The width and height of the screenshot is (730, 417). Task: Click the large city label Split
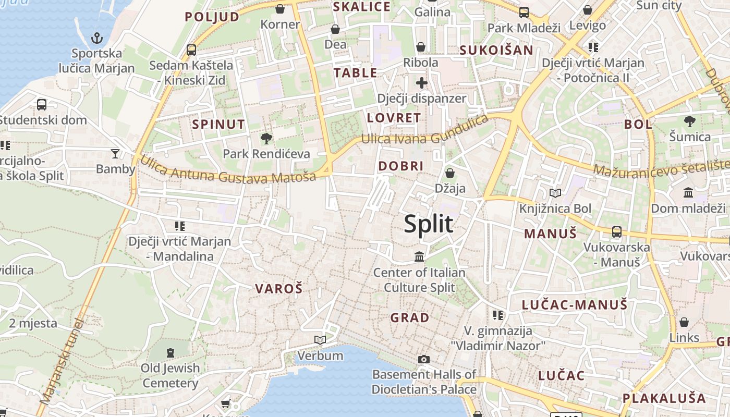(429, 224)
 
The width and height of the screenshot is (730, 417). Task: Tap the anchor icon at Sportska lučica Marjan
(97, 38)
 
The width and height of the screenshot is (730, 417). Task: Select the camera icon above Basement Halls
(424, 359)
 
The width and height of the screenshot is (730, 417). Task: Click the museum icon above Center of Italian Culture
(419, 256)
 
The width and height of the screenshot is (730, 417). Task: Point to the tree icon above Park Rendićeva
(266, 138)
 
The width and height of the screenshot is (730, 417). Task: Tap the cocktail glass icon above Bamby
(115, 153)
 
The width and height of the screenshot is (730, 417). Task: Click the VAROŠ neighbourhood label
(278, 289)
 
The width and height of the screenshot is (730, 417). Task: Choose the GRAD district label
(410, 317)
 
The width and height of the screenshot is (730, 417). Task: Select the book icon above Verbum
(320, 340)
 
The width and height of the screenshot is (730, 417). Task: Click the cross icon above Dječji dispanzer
(421, 83)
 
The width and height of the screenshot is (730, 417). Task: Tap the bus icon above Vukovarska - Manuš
(617, 231)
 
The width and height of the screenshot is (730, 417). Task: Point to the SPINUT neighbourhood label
(218, 124)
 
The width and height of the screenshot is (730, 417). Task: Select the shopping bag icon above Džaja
(450, 173)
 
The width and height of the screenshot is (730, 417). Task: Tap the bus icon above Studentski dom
(42, 104)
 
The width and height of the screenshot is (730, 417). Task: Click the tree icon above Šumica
(690, 121)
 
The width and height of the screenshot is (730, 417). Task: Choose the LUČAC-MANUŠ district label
(575, 305)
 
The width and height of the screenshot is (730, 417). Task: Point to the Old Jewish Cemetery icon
(170, 353)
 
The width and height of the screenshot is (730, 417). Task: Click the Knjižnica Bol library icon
(556, 193)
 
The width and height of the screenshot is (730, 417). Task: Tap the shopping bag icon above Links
(684, 322)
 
